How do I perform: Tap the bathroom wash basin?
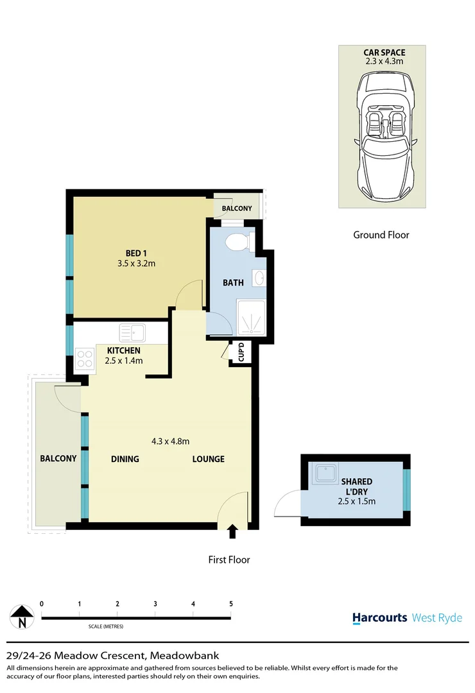point(259,278)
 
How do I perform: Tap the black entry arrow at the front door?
point(232,531)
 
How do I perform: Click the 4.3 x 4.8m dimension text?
point(170,441)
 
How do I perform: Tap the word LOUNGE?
point(208,459)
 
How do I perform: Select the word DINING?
point(125,459)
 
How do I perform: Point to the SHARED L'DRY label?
point(358,486)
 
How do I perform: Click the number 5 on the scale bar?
point(230,604)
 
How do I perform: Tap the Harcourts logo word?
point(379,618)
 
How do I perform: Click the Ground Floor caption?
point(381,235)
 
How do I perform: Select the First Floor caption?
point(229,560)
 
